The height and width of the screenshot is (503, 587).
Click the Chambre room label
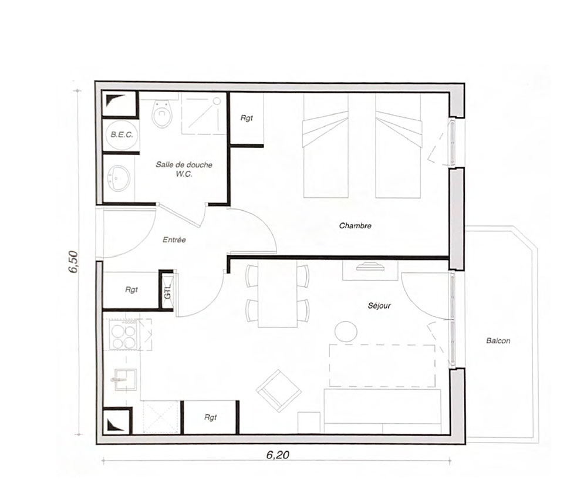355,226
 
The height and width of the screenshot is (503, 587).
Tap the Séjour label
379,305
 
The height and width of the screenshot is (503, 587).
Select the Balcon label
498,340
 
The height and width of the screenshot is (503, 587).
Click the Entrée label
174,240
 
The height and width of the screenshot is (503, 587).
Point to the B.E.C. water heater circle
122,134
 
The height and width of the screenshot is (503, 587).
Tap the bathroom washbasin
119,178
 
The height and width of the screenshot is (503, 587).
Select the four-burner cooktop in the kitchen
124,336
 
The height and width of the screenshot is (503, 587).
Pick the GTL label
167,292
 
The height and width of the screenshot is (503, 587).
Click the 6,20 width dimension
278,455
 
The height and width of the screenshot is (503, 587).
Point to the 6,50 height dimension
73,262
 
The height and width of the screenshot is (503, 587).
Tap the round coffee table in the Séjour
346,331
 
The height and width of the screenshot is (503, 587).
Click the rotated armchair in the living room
279,391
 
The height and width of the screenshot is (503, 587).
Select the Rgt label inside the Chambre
247,118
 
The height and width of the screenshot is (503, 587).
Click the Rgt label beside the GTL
131,290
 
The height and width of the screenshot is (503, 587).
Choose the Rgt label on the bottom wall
210,417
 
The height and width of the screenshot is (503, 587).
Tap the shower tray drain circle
217,100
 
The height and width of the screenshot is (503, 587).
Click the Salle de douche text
184,165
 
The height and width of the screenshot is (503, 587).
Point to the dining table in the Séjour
278,294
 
